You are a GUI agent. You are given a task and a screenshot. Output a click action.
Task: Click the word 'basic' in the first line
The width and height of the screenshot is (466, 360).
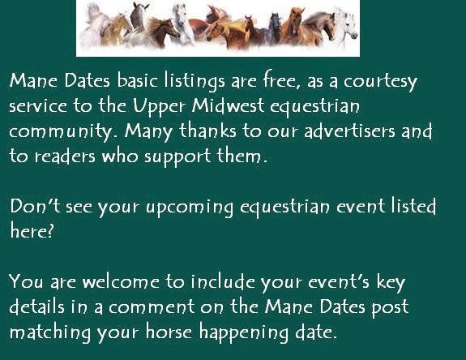pyautogui.click(x=137, y=80)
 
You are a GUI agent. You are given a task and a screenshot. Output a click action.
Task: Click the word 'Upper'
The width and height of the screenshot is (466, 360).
pyautogui.click(x=159, y=107)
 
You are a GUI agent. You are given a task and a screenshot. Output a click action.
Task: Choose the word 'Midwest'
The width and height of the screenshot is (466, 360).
pyautogui.click(x=228, y=106)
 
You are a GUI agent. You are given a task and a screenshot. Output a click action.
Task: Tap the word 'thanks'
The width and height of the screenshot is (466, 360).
pyautogui.click(x=207, y=131)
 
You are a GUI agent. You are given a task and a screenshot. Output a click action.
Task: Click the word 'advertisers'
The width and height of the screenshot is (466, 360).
pyautogui.click(x=349, y=131)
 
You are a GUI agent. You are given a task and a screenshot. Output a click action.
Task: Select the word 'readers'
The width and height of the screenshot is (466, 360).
pyautogui.click(x=65, y=156)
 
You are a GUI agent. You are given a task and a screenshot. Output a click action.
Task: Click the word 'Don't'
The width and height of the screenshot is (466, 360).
pyautogui.click(x=35, y=206)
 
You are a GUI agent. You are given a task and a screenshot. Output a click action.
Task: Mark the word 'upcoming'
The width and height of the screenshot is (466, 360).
pyautogui.click(x=190, y=208)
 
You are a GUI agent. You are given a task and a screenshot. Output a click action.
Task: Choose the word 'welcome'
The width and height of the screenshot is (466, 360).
pyautogui.click(x=121, y=281)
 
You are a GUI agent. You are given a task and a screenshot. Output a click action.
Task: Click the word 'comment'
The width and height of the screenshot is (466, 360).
pyautogui.click(x=152, y=307)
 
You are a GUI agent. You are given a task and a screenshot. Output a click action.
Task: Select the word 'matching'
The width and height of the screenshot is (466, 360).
pyautogui.click(x=50, y=332)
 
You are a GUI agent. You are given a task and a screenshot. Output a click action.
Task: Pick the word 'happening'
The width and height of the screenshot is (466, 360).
pyautogui.click(x=244, y=332)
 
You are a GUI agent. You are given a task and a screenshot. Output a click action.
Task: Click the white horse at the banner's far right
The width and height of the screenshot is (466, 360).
pyautogui.click(x=346, y=27)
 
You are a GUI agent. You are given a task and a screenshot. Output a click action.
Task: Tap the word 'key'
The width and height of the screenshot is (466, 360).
pyautogui.click(x=391, y=283)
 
